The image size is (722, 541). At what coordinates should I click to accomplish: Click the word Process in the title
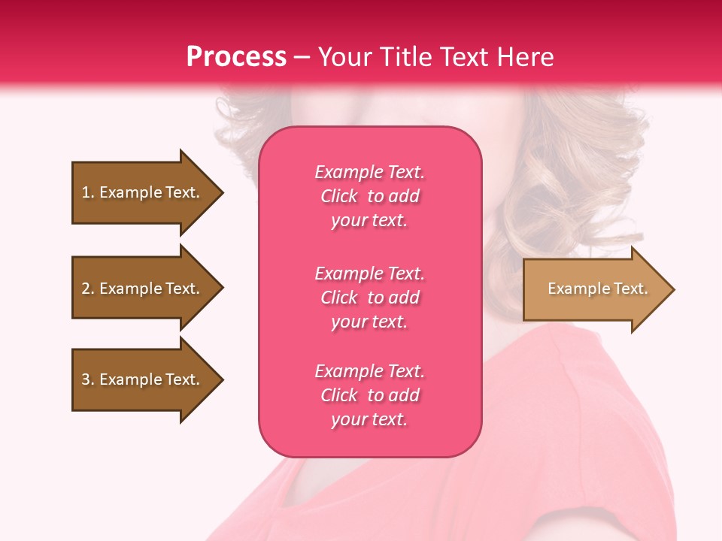coord(236,57)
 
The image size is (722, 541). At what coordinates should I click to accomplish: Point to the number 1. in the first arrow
coord(88,192)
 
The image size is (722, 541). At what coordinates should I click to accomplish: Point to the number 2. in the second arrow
coord(88,289)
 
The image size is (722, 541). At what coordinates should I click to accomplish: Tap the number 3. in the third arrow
coord(88,379)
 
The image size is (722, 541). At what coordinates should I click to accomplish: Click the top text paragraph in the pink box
coord(369,196)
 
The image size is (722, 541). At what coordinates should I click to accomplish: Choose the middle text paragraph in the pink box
coord(369,298)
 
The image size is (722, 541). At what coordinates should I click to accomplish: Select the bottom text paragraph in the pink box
coord(369,395)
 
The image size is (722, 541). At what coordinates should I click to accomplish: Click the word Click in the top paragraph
coord(339,196)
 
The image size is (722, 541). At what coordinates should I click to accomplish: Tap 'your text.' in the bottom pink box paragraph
coord(369,419)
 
